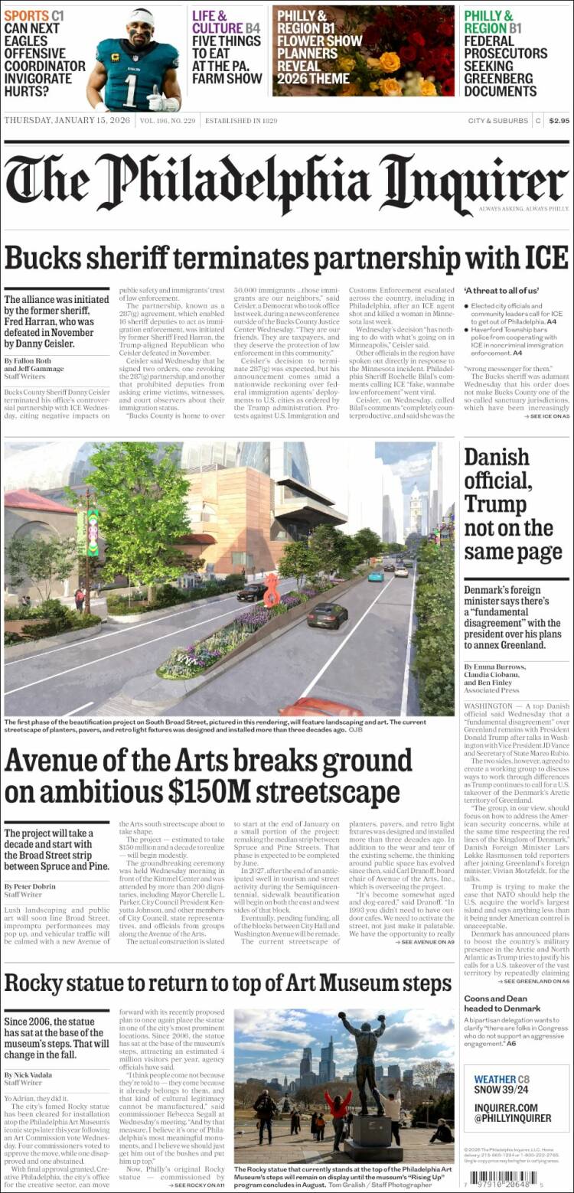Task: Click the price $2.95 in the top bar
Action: [x=559, y=121]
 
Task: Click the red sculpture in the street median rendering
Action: [x=272, y=590]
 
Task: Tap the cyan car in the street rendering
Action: [x=376, y=576]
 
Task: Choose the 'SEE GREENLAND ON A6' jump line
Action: [x=534, y=980]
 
